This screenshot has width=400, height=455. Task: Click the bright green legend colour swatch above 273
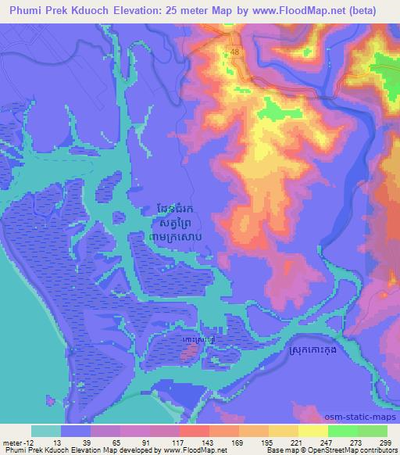[343, 431]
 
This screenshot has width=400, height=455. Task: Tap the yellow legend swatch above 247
[313, 431]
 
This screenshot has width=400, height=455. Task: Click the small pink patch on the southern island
[187, 353]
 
